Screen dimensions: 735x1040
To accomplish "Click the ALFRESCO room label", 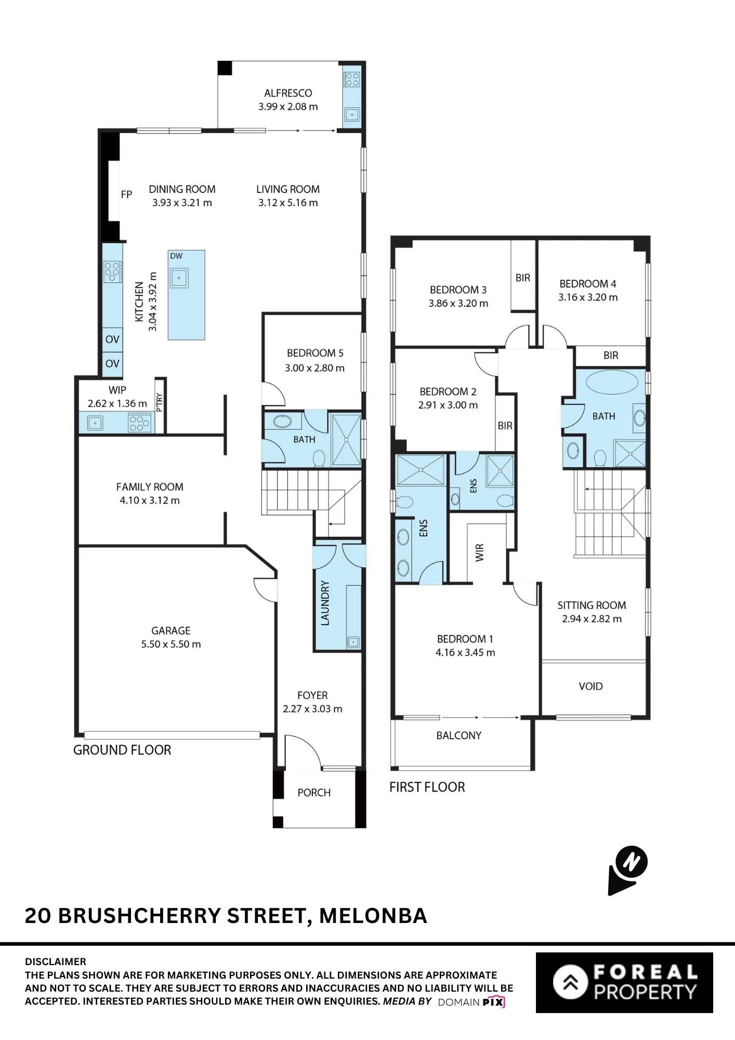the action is point(288,93).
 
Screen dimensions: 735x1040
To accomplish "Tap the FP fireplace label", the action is point(126,194).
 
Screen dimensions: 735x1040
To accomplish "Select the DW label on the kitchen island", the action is point(176,256).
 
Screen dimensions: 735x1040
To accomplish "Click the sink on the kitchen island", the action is point(179,278).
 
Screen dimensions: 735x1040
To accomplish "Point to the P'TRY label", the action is point(159,402).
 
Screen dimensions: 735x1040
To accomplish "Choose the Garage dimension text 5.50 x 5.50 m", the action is point(171,644).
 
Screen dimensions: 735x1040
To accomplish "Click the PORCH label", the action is point(314,792).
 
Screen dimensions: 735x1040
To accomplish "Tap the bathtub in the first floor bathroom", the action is point(612,382).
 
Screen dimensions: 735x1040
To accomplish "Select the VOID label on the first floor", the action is point(590,686).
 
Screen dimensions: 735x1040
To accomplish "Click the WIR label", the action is point(480,552).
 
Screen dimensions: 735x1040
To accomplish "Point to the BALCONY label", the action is point(459,735).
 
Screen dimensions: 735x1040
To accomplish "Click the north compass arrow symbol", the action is point(628,870).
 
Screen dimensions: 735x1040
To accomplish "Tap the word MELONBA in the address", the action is point(373,916).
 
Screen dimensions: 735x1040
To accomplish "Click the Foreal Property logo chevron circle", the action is point(570,982).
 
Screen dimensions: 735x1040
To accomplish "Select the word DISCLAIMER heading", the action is point(56,961).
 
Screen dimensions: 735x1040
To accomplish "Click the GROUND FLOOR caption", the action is point(122,750).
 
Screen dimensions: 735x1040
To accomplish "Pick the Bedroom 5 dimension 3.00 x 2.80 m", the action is point(314,368).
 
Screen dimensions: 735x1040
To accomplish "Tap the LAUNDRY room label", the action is point(325,603).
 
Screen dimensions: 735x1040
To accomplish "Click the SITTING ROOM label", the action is point(592,605).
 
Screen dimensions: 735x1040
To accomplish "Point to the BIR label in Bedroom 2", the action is point(505,426).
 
